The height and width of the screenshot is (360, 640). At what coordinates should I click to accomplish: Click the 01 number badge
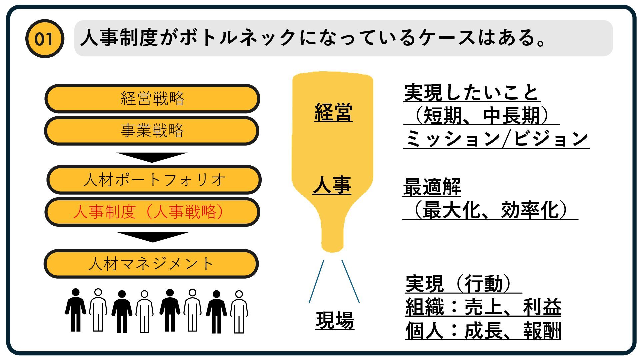coord(44,39)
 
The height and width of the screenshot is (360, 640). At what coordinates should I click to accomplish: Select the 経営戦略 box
coord(152,99)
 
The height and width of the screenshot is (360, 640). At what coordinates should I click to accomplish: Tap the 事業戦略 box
coord(152,131)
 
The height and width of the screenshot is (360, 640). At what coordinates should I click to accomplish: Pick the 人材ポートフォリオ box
coord(154,180)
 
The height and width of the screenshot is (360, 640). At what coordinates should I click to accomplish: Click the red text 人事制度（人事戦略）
coord(148,212)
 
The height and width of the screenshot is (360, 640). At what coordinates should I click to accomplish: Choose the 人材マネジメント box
coord(151,264)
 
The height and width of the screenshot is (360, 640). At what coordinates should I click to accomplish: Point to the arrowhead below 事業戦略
coord(152,157)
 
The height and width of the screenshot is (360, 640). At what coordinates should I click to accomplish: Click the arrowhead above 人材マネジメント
coord(153,237)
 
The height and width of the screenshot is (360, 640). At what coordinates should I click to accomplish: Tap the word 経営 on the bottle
coord(333,112)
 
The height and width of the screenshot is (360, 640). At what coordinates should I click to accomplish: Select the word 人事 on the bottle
coord(332,185)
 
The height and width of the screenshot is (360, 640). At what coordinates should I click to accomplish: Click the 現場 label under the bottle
coord(335,320)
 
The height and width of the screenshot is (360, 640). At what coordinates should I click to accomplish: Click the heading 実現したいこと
coord(471,93)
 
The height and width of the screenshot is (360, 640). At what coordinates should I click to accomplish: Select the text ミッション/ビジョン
coord(496,139)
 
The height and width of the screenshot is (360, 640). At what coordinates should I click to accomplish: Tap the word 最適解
coord(432,187)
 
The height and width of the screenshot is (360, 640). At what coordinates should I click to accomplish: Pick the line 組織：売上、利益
coord(483,307)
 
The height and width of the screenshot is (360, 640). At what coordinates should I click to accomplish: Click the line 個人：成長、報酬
coord(483,330)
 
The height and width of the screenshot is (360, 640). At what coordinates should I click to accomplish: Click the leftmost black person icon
coord(76,310)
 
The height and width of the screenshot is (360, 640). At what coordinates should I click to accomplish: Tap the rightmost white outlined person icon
coord(239,312)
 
